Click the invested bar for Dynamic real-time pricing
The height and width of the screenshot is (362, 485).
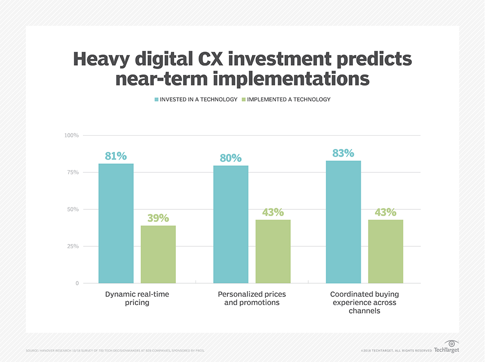point(116,223)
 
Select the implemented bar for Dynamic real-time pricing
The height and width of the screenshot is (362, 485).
point(158,254)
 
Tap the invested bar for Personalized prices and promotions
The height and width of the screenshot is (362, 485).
point(231,224)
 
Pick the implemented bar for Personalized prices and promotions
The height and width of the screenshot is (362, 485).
point(273,251)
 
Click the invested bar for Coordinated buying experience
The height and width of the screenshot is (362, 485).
point(343,222)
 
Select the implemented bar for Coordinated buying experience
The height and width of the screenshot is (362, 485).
point(386,251)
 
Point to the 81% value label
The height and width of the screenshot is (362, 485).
point(116,156)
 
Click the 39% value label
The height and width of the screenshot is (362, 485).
point(158,218)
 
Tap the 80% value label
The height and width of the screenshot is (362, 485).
point(231,158)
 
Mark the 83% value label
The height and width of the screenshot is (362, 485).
point(343,153)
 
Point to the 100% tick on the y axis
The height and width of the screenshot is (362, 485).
point(72,135)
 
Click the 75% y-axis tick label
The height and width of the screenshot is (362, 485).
point(73,172)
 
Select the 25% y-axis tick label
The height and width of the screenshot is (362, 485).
point(73,246)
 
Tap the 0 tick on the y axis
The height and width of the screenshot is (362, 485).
point(77,283)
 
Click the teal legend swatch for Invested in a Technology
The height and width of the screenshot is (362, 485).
point(156,100)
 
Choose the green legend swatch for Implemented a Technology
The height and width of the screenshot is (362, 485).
point(243,100)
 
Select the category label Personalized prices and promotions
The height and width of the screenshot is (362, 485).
point(252,298)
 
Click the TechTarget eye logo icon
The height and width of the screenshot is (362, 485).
point(451,344)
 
